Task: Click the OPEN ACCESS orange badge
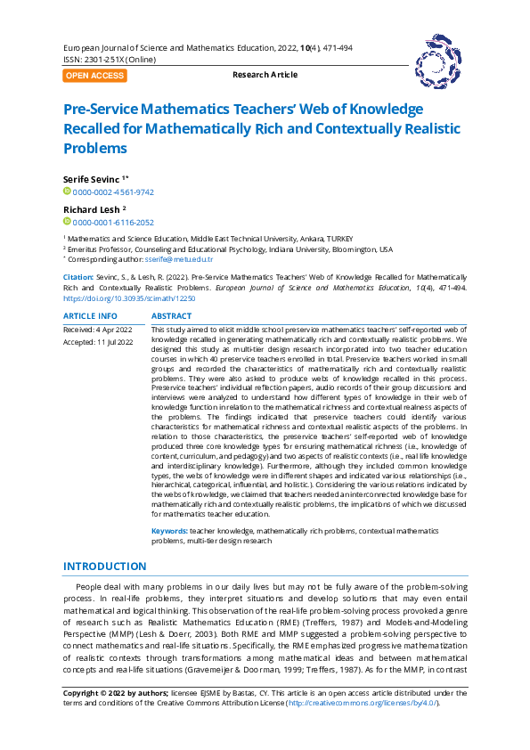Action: click(x=94, y=76)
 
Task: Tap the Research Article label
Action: click(x=265, y=76)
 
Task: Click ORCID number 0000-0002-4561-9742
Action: click(x=113, y=192)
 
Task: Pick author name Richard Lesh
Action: click(x=91, y=209)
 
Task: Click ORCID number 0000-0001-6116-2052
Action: click(x=113, y=223)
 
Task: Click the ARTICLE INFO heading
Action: click(x=90, y=316)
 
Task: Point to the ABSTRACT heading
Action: click(x=171, y=316)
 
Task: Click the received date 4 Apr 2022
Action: click(x=113, y=330)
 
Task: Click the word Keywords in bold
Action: click(x=169, y=531)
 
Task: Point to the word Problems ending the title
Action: click(x=96, y=148)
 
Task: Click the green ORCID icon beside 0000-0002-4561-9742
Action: click(x=67, y=192)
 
